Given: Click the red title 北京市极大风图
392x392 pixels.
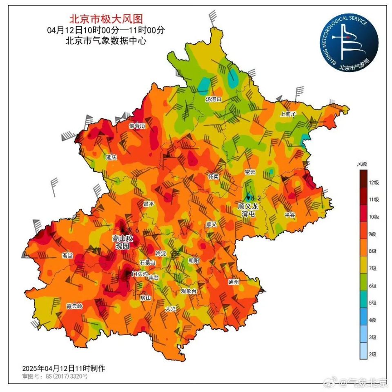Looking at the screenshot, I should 106,19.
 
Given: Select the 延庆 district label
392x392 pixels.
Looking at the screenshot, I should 111,157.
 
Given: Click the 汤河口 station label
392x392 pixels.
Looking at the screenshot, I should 213,99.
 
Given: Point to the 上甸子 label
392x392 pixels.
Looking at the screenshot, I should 287,114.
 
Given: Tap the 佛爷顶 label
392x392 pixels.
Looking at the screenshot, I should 137,126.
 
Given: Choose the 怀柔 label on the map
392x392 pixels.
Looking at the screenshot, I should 213,176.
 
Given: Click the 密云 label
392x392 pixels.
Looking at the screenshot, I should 250,172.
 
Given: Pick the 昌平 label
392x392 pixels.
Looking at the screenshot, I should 149,203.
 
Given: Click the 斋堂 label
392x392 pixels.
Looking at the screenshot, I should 67,255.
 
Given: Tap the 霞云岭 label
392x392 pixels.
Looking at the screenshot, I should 74,306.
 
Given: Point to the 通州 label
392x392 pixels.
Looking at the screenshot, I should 234,282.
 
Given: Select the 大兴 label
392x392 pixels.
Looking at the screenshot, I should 171,309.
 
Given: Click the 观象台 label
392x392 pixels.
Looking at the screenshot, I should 189,291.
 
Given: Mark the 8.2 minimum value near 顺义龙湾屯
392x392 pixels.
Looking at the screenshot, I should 256,198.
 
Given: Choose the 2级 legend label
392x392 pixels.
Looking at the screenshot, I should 372,354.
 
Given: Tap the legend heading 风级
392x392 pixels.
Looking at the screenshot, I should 362,164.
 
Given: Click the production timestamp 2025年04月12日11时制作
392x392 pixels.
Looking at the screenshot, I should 64,368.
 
